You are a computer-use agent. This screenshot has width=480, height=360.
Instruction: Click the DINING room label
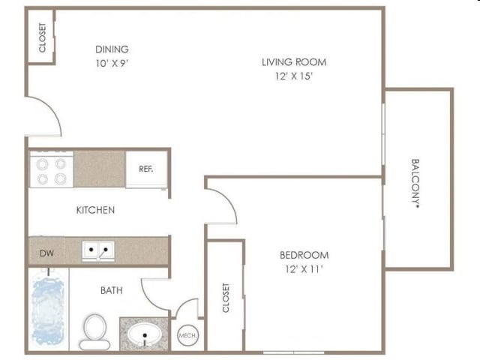coord(112,49)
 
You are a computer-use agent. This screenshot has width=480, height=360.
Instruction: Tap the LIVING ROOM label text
coord(294,62)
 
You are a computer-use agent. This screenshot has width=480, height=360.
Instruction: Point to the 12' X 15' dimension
coord(293,76)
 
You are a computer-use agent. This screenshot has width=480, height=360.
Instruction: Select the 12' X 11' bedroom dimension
coord(304,269)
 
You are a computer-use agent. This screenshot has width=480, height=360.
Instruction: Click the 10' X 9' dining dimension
coord(112,63)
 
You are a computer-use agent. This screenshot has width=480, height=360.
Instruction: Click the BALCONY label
coord(415,183)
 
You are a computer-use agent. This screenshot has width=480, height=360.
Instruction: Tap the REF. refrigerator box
coord(147,169)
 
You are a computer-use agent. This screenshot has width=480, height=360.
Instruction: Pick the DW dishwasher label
coord(46,253)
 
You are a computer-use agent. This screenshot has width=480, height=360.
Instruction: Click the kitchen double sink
coord(98,251)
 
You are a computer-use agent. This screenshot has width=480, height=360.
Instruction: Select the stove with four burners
coord(52,169)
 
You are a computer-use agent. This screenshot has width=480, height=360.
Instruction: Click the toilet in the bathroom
coord(95,332)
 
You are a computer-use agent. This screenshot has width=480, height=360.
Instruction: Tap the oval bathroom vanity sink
coord(145,334)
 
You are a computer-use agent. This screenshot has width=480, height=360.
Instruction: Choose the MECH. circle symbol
coord(187,335)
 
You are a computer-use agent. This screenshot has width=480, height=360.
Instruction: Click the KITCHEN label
coord(95,210)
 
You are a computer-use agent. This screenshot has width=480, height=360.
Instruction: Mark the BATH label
coord(112,290)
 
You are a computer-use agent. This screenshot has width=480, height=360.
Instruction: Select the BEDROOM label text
coord(304,255)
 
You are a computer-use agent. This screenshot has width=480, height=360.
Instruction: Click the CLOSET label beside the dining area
coord(42,37)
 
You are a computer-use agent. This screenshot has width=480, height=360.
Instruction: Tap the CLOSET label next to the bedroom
coord(226,298)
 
